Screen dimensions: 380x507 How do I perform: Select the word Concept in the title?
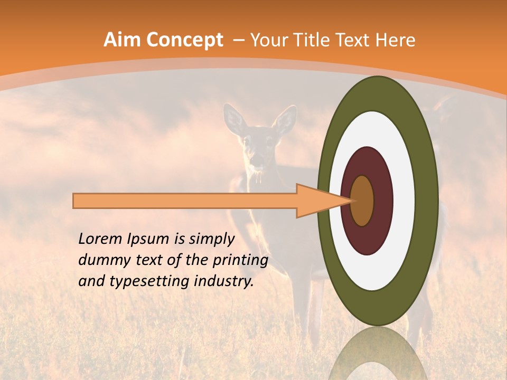[184, 40]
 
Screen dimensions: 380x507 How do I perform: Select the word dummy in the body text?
[101, 260]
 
